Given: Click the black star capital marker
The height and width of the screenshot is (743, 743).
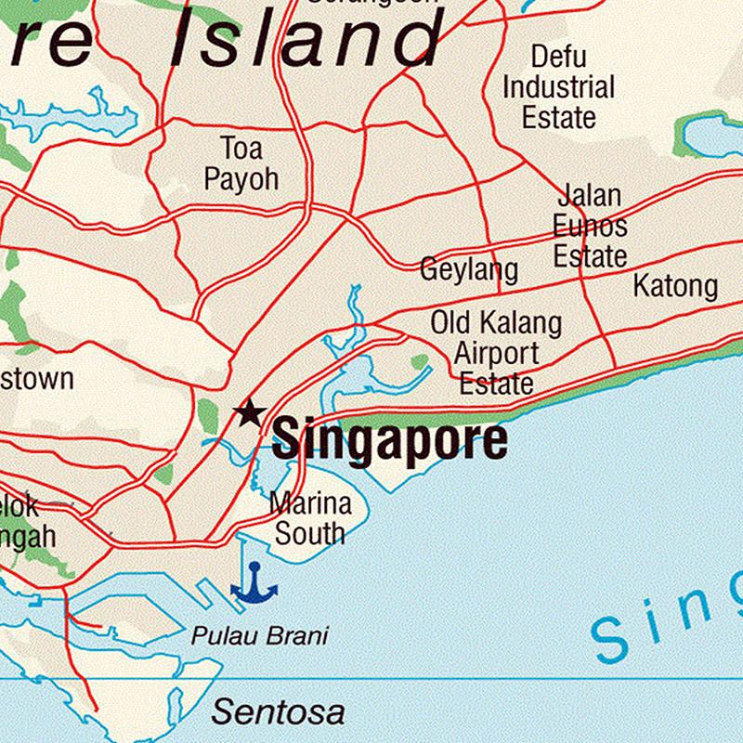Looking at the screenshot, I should coord(249,412).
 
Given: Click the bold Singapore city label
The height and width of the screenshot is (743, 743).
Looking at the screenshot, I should coord(390,439).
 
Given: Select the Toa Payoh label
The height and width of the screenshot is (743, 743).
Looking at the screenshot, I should coord(241,163).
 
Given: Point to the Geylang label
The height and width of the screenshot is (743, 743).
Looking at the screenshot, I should coord(469,270).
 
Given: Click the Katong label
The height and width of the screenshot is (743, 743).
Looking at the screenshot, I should coord(675,286).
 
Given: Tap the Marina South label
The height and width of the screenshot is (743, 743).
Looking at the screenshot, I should coord(310,518).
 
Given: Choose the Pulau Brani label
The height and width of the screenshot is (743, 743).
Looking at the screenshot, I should coord(260,636).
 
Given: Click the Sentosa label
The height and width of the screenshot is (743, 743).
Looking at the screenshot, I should coord(278,712).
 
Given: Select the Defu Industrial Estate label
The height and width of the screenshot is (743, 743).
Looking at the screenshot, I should coord(559,87).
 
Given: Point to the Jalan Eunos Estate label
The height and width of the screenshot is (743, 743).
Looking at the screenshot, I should coord(590,226).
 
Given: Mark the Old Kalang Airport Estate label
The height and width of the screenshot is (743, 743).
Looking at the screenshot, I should coord(496,354).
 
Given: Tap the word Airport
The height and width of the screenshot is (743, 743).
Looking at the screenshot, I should coord(496,354).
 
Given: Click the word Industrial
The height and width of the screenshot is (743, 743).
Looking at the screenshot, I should coord(559,88).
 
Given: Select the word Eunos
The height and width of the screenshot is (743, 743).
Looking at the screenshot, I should coord(590,226).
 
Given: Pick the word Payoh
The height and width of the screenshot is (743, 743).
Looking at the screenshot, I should coord(241,177).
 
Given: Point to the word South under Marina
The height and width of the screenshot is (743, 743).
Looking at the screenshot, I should coord(310,533).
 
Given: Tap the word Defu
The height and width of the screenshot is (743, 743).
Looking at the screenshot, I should coord(559,57).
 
